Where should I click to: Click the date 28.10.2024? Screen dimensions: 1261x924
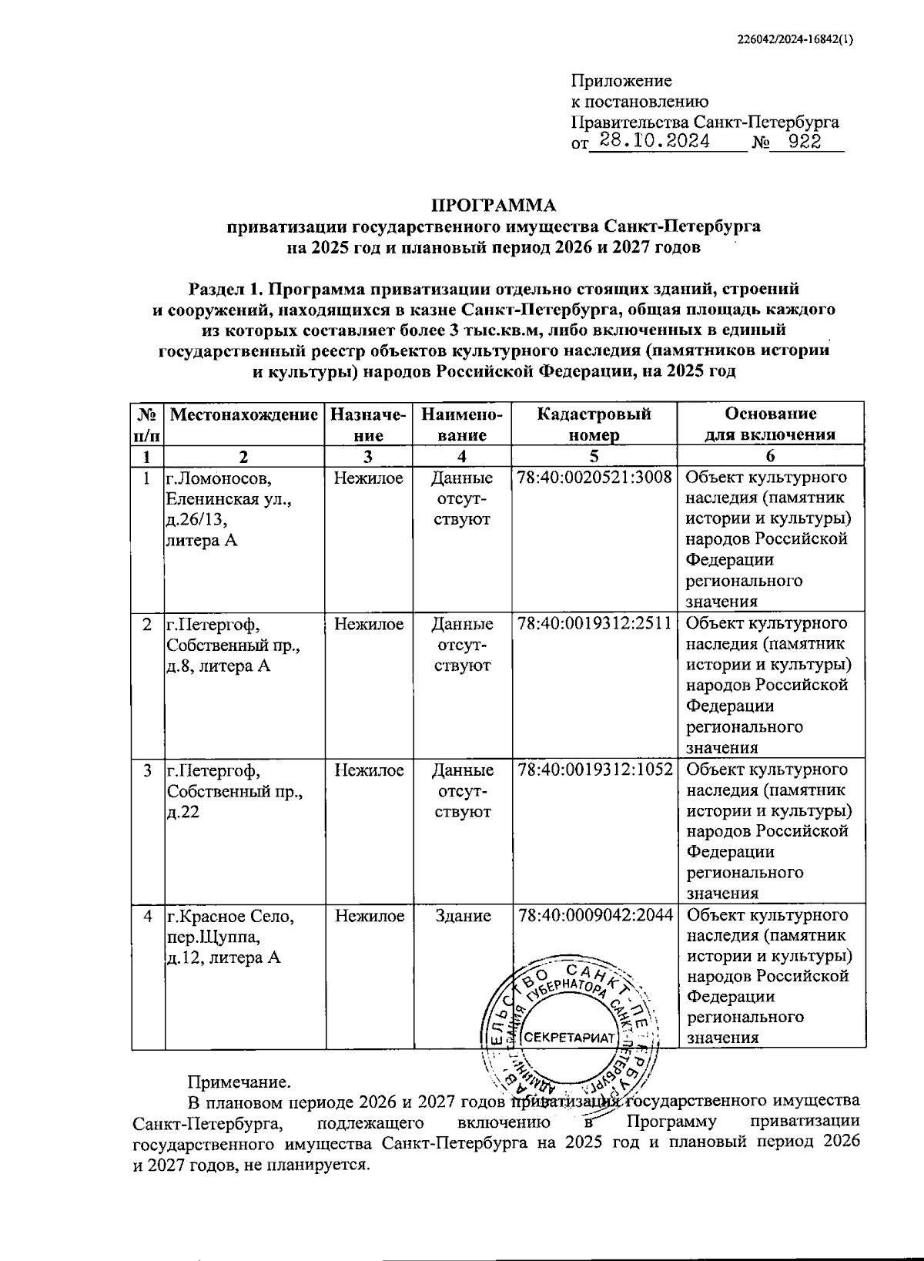pyautogui.click(x=654, y=141)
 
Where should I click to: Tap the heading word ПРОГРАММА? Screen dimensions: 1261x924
pyautogui.click(x=493, y=205)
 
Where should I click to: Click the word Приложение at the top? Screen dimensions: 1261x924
pyautogui.click(x=621, y=81)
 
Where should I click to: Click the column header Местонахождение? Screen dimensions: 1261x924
pyautogui.click(x=243, y=414)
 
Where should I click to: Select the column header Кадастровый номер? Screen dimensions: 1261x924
pyautogui.click(x=594, y=424)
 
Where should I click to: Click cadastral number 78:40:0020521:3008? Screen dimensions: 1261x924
pyautogui.click(x=594, y=478)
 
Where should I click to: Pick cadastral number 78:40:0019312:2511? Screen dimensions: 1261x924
pyautogui.click(x=594, y=623)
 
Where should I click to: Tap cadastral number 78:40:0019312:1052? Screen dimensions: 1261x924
pyautogui.click(x=594, y=770)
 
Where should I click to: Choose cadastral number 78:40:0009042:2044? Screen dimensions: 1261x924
pyautogui.click(x=594, y=915)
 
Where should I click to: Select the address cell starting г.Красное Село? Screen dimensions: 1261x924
pyautogui.click(x=231, y=936)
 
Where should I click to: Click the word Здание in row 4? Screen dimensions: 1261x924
pyautogui.click(x=463, y=915)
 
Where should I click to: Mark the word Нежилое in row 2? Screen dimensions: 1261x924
pyautogui.click(x=369, y=623)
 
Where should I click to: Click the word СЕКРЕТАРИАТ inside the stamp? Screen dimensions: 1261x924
pyautogui.click(x=571, y=1037)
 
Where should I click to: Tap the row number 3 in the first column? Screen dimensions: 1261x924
pyautogui.click(x=147, y=770)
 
